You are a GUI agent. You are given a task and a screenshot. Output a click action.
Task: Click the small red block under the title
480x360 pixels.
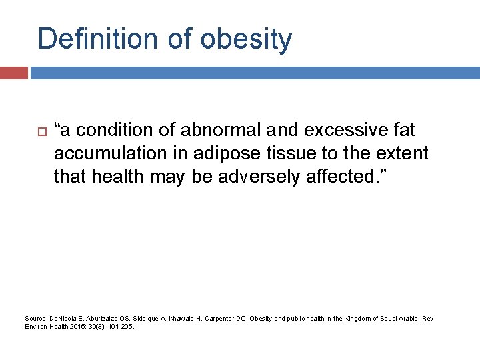coord(14,73)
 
